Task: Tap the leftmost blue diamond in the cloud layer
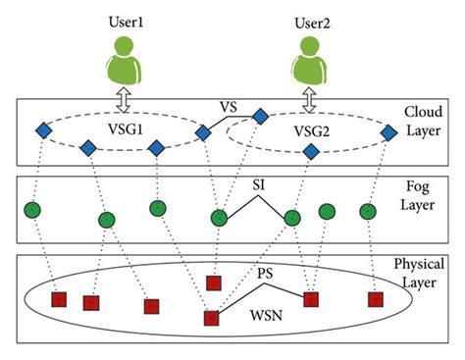point(43,130)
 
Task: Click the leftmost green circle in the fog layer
point(32,211)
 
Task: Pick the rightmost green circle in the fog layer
point(367,211)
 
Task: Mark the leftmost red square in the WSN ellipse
point(58,300)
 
